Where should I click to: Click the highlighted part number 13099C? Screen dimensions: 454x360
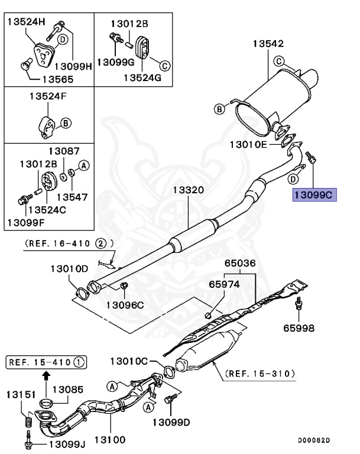pyautogui.click(x=314, y=193)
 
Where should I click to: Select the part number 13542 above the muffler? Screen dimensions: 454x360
pyautogui.click(x=269, y=44)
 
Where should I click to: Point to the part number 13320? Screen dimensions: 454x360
pyautogui.click(x=189, y=190)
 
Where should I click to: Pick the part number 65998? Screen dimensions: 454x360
pyautogui.click(x=299, y=327)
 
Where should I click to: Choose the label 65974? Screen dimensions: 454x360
pyautogui.click(x=224, y=284)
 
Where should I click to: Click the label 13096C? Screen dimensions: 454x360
pyautogui.click(x=125, y=305)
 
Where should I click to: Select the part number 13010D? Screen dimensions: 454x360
pyautogui.click(x=69, y=268)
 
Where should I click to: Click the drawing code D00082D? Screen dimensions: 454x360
pyautogui.click(x=314, y=440)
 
